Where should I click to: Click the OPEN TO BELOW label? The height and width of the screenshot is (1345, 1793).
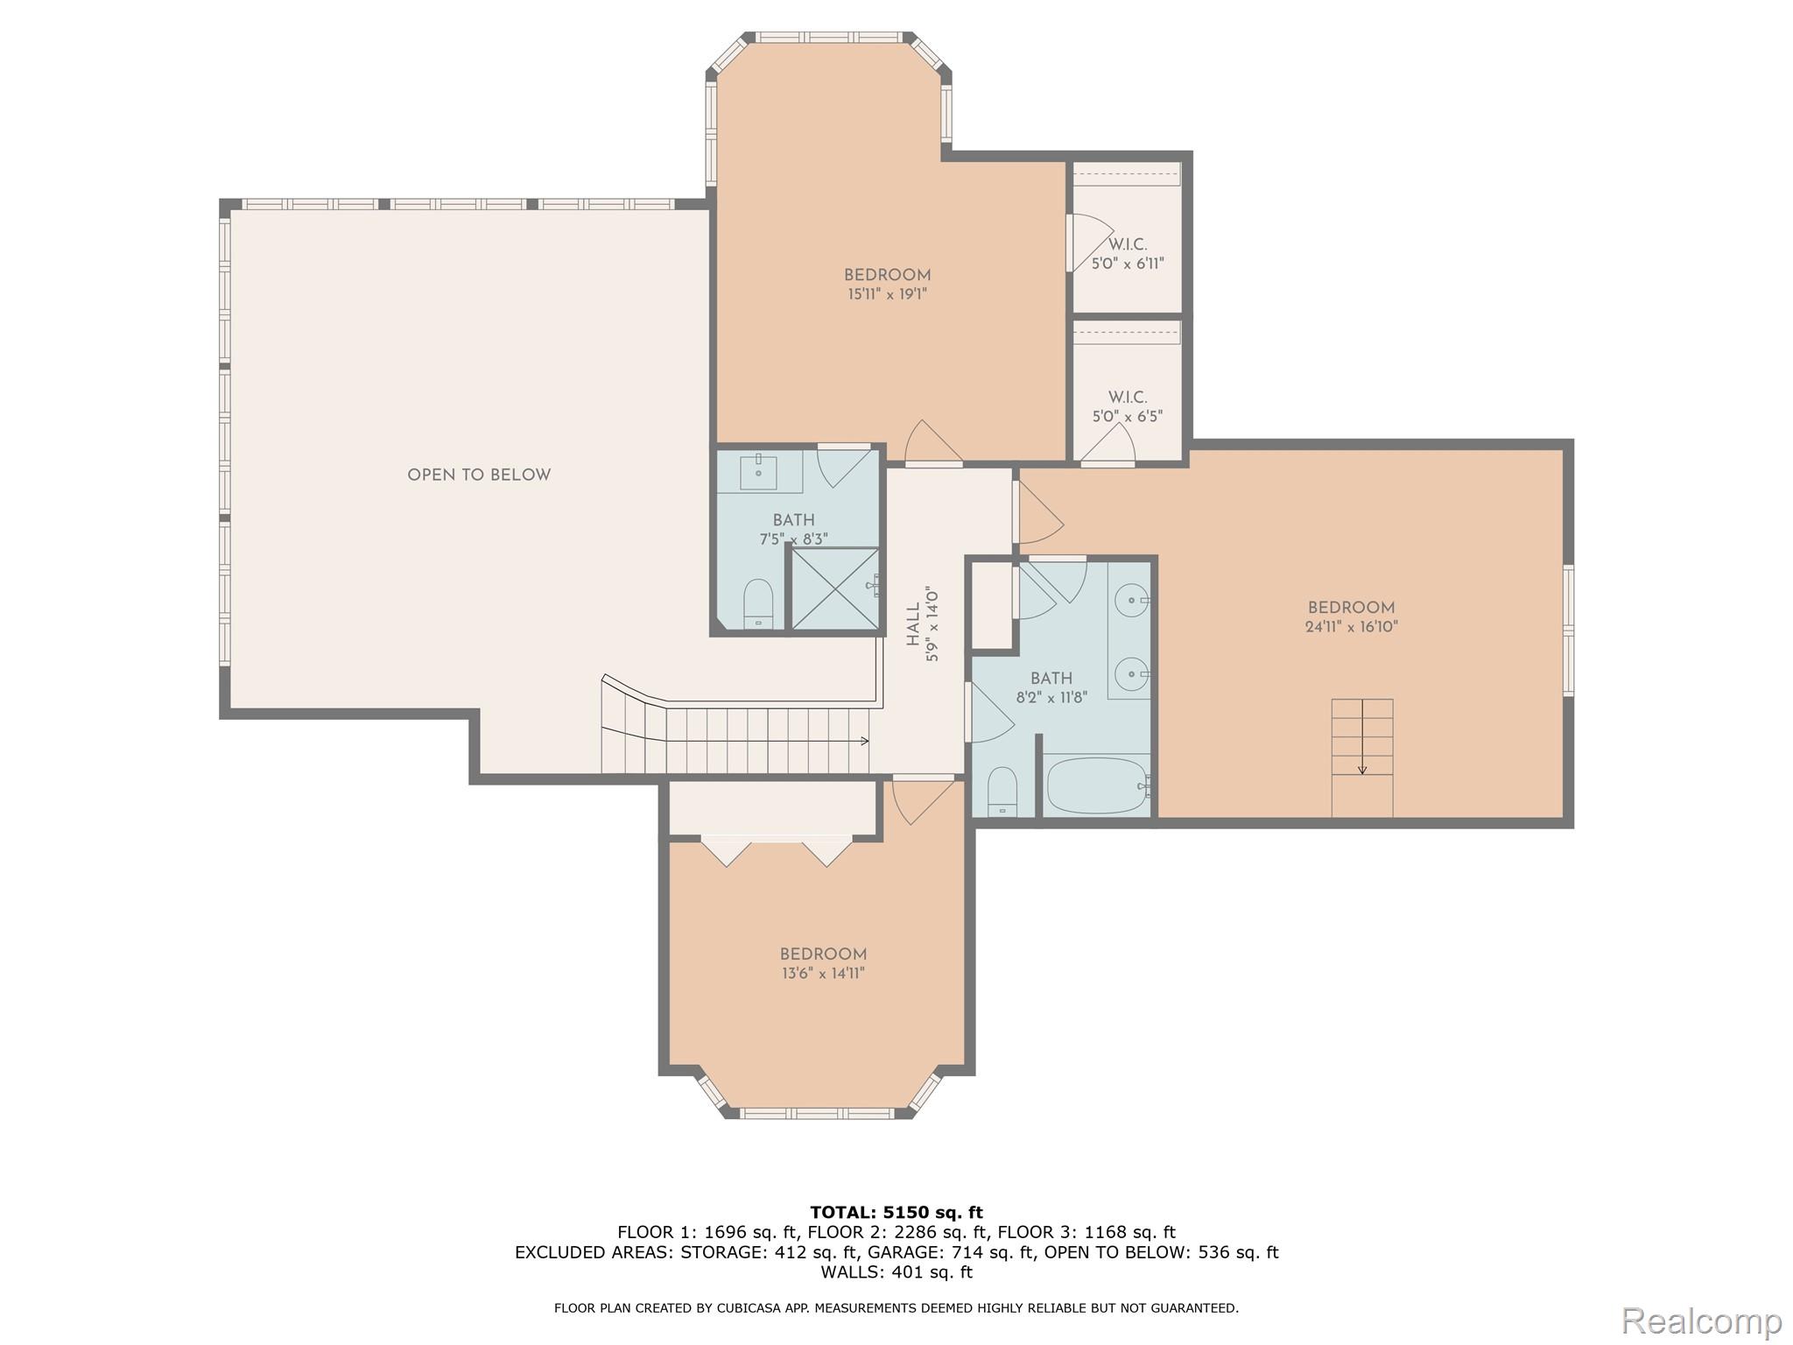[x=479, y=475]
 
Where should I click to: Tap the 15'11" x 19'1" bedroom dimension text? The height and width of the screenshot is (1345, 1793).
[x=887, y=295]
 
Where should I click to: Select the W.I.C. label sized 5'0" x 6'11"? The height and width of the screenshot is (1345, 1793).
[x=1128, y=245]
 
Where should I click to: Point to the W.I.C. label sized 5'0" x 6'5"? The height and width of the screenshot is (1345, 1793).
[x=1128, y=398]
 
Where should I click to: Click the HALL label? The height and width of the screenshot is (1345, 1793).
[x=914, y=624]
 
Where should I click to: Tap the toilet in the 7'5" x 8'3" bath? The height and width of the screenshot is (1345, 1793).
[x=758, y=603]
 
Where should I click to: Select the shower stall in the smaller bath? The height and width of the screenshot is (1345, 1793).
[x=834, y=588]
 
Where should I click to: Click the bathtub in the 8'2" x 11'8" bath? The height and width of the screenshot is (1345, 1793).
[x=1096, y=785]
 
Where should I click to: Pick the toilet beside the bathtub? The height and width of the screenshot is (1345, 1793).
[x=1002, y=791]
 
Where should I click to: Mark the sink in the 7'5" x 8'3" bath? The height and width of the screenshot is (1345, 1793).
[x=758, y=473]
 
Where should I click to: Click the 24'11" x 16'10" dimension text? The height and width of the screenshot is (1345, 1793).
[x=1351, y=627]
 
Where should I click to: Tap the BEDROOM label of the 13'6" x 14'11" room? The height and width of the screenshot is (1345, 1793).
[x=823, y=954]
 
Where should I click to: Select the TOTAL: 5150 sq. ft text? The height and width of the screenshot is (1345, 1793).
[x=896, y=1213]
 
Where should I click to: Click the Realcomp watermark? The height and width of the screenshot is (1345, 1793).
[x=1701, y=1320]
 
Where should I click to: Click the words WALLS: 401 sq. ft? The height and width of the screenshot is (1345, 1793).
[x=896, y=1272]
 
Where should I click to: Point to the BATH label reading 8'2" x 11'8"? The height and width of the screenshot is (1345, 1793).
[x=1051, y=679]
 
